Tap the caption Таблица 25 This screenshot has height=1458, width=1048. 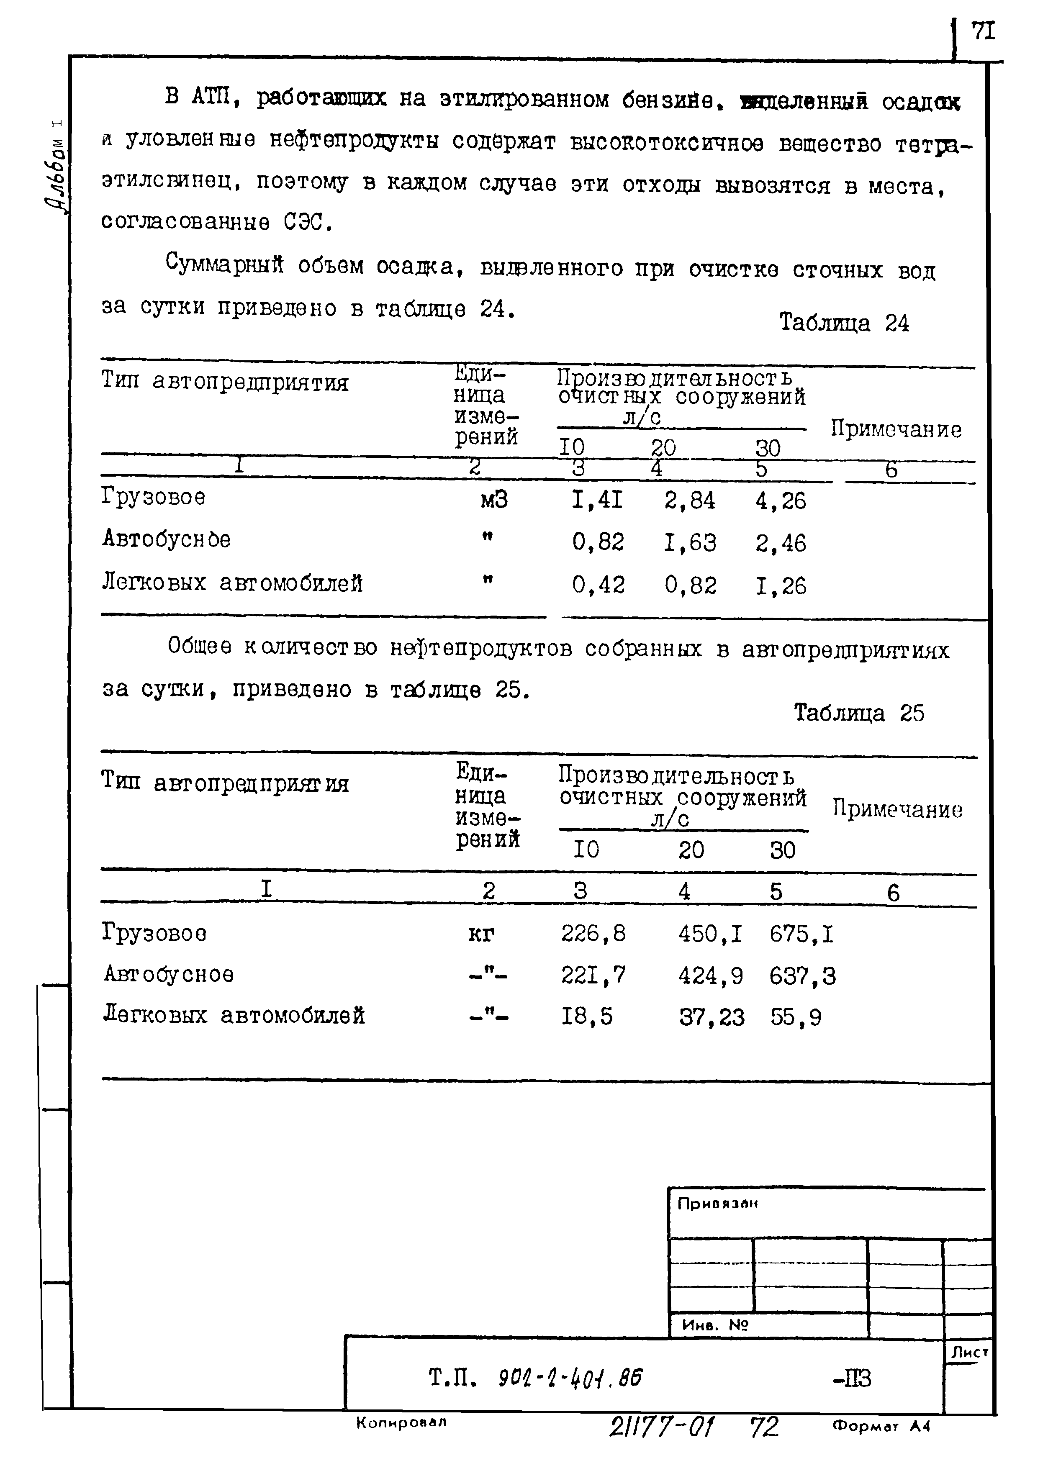(858, 713)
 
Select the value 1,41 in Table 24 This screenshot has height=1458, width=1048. (597, 500)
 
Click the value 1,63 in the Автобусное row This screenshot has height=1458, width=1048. (689, 543)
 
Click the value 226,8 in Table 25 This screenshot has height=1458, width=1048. (593, 933)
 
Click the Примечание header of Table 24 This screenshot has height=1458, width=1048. (896, 429)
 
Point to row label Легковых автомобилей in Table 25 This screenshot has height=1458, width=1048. (234, 1016)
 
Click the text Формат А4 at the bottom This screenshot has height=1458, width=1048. (881, 1445)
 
